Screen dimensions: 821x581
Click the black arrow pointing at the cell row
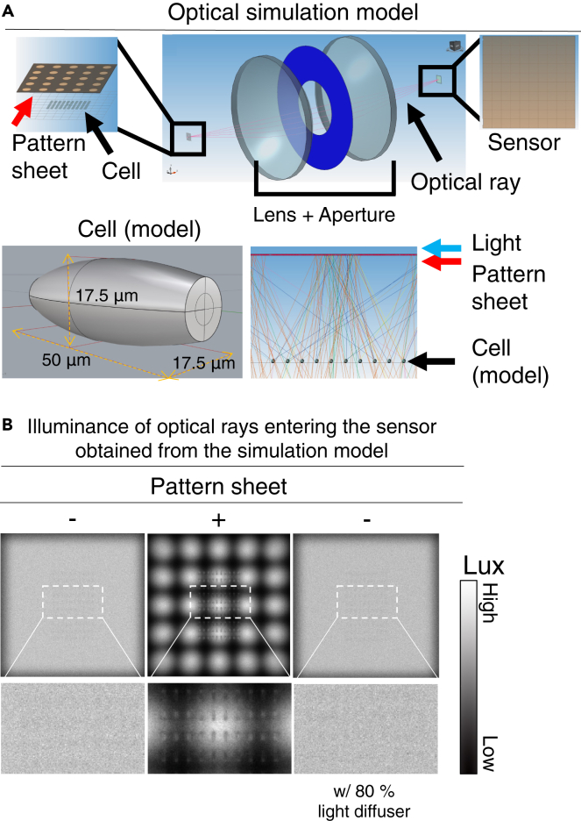click(439, 358)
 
